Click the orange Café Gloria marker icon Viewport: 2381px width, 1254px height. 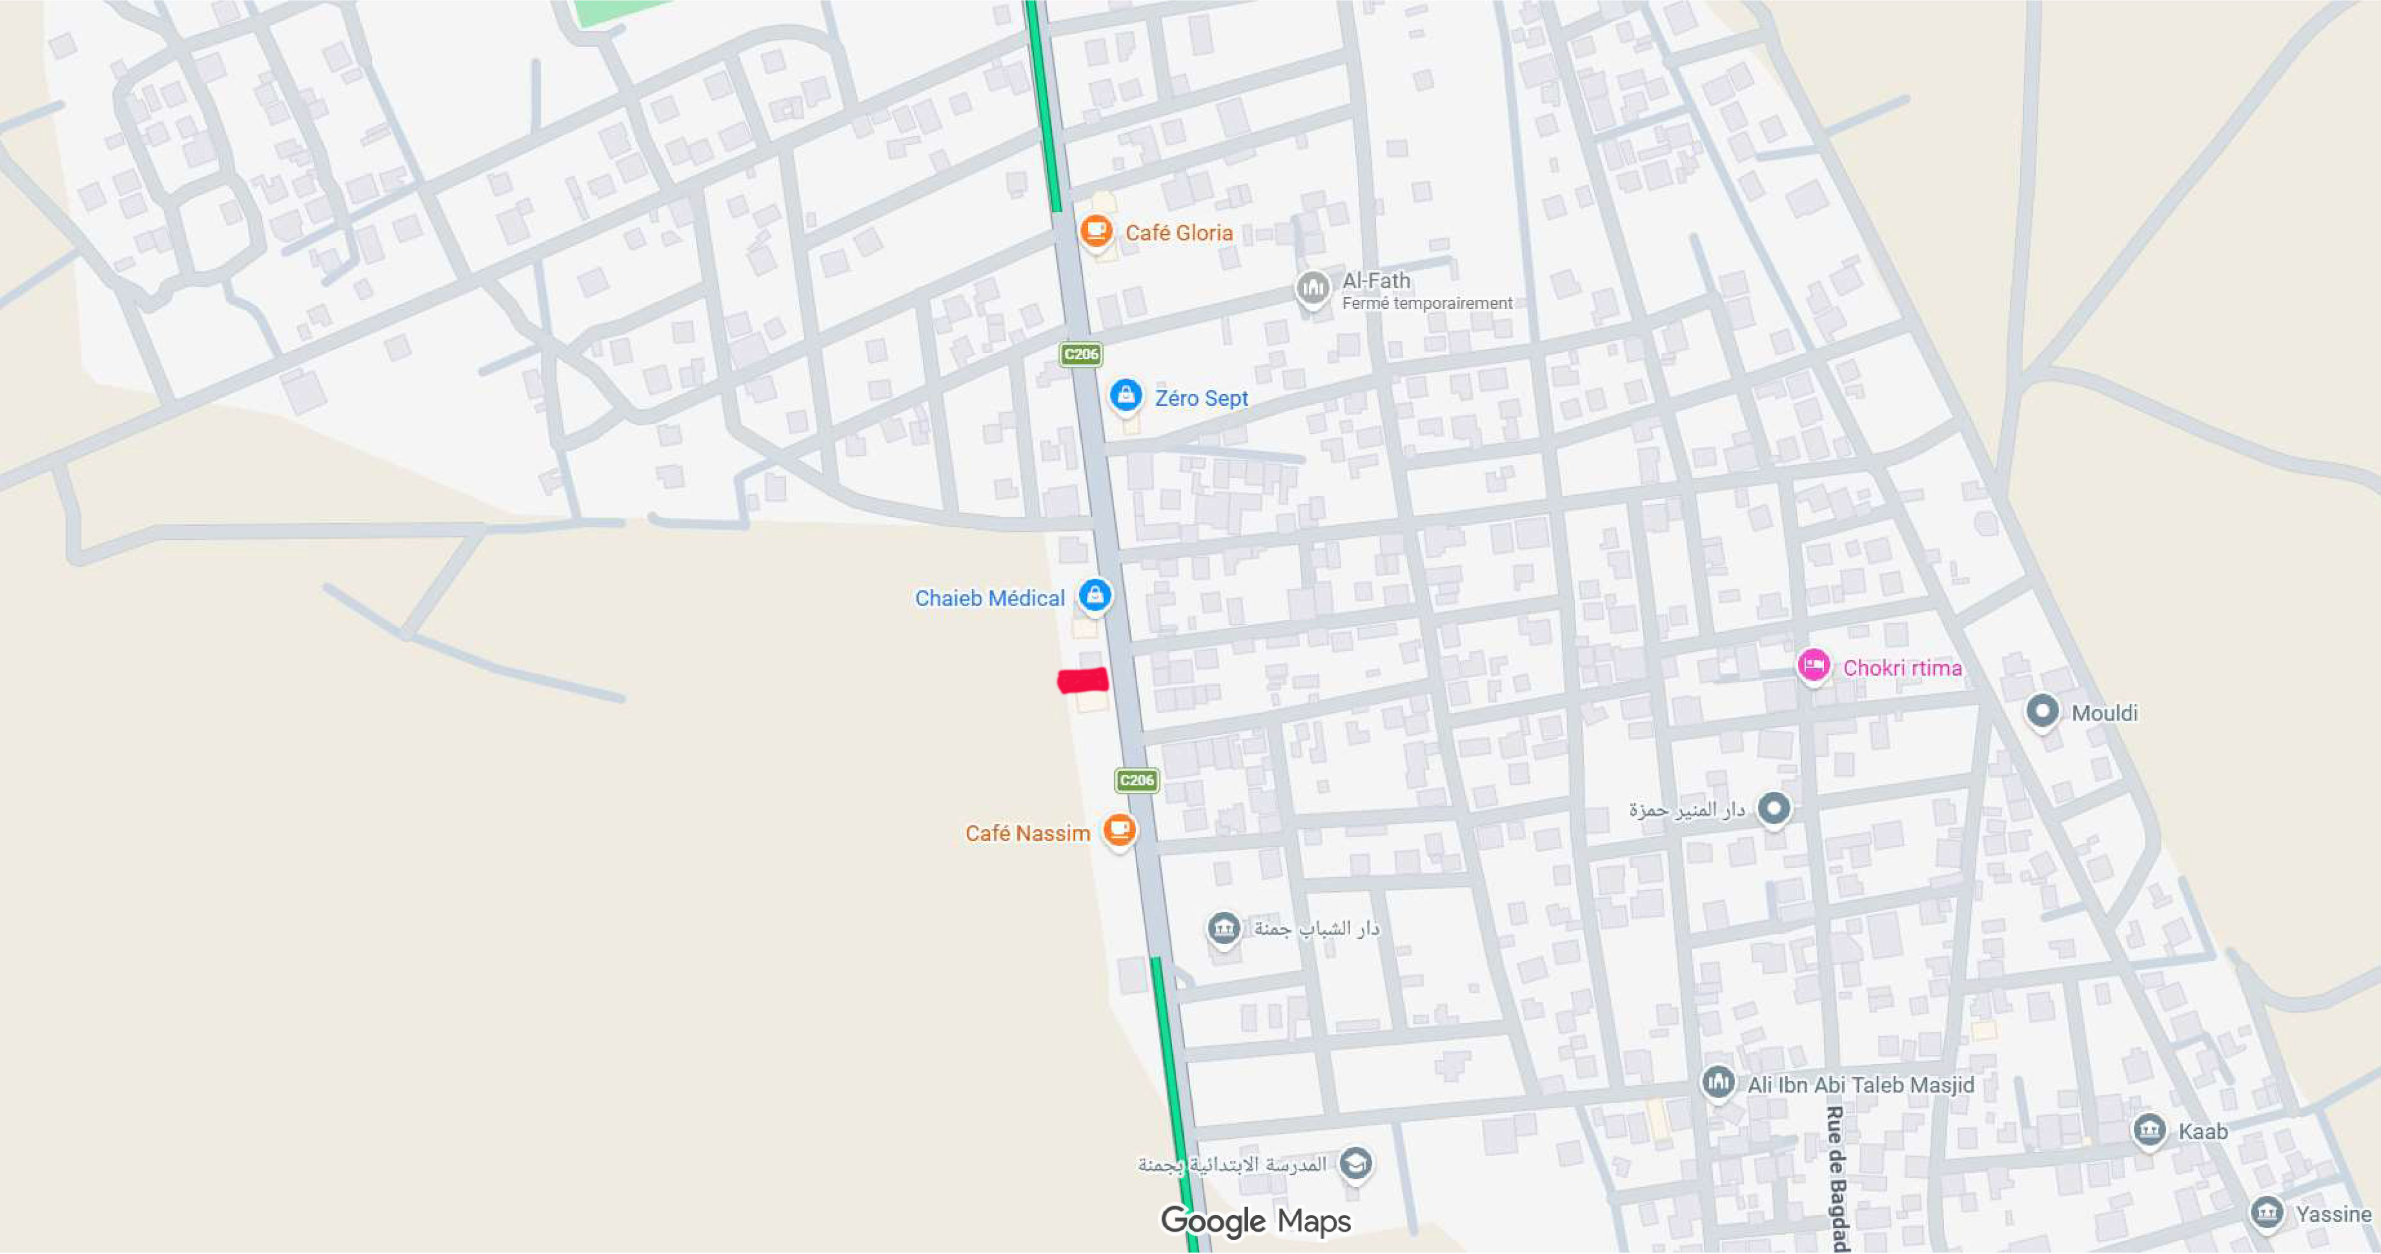tap(1095, 229)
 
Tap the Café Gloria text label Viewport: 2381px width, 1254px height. tap(1179, 233)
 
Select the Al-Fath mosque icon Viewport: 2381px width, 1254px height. tap(1311, 288)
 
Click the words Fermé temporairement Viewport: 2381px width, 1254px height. tap(1426, 303)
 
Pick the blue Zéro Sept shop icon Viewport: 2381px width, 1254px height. tap(1125, 395)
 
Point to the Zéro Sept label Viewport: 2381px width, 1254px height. tap(1201, 398)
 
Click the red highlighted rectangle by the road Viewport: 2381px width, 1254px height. tap(1082, 681)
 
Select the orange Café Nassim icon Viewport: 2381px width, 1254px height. tap(1119, 829)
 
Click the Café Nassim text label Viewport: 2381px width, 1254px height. tap(1027, 834)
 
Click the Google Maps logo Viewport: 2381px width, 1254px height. tap(1255, 1222)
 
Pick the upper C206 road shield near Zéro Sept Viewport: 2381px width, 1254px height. tap(1081, 354)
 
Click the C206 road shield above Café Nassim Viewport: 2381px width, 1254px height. tap(1136, 780)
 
